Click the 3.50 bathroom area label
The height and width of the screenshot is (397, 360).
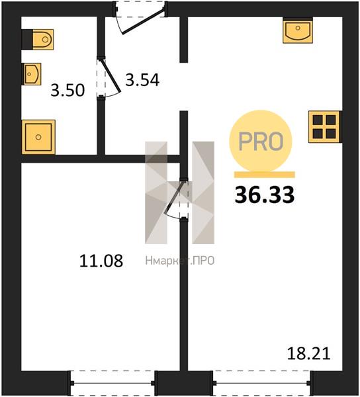click(x=67, y=90)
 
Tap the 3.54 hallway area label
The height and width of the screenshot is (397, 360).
click(x=142, y=80)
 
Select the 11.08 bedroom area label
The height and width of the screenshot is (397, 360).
click(x=101, y=261)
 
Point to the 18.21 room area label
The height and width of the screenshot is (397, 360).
click(x=308, y=353)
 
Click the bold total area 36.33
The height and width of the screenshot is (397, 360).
click(x=265, y=195)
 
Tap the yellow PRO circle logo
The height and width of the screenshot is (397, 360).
click(x=261, y=141)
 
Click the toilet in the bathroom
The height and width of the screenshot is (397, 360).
click(x=43, y=40)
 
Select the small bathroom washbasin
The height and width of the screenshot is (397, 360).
click(x=32, y=74)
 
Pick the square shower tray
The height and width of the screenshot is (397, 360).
click(x=38, y=137)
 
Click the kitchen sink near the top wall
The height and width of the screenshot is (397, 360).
click(x=298, y=30)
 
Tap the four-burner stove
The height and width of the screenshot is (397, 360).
click(x=324, y=126)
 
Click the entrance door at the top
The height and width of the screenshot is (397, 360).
click(x=140, y=18)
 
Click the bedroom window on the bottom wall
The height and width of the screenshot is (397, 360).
click(x=112, y=384)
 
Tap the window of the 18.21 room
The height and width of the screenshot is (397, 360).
click(x=262, y=384)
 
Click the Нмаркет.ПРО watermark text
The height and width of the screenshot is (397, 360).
click(x=180, y=261)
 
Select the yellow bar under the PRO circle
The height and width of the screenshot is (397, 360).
click(x=265, y=175)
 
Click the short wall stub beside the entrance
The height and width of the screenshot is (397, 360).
click(x=184, y=40)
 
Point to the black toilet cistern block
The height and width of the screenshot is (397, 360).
click(x=27, y=40)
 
